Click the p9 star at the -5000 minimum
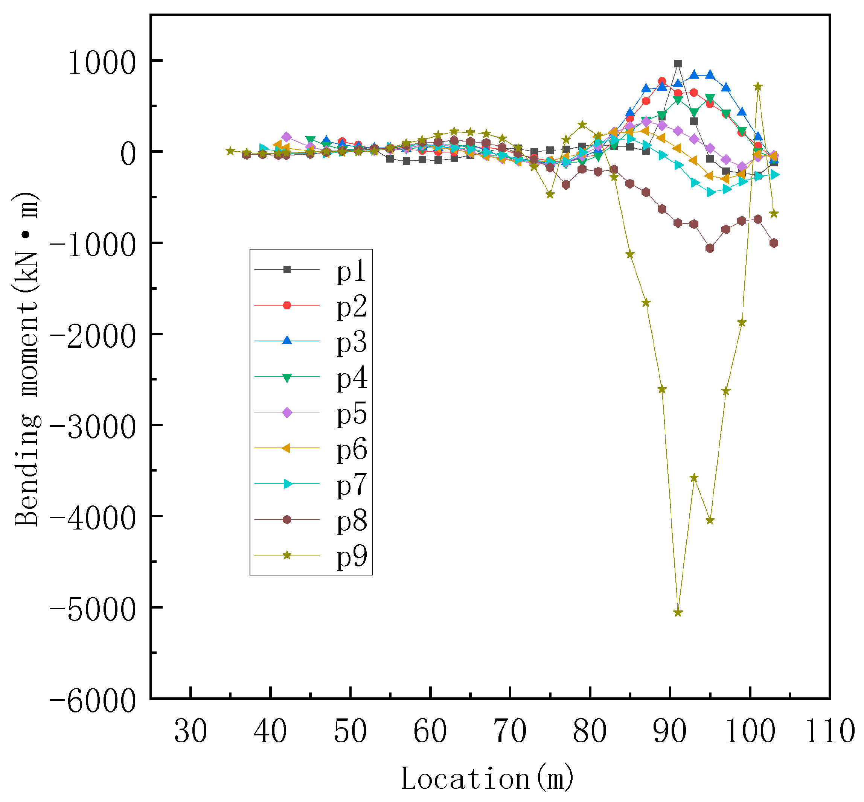click(678, 612)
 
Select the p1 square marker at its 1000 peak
click(678, 64)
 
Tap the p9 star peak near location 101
click(758, 86)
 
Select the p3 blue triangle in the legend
click(287, 341)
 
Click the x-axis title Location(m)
click(487, 778)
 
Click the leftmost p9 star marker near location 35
click(230, 151)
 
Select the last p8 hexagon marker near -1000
click(774, 243)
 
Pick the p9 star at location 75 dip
click(550, 194)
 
